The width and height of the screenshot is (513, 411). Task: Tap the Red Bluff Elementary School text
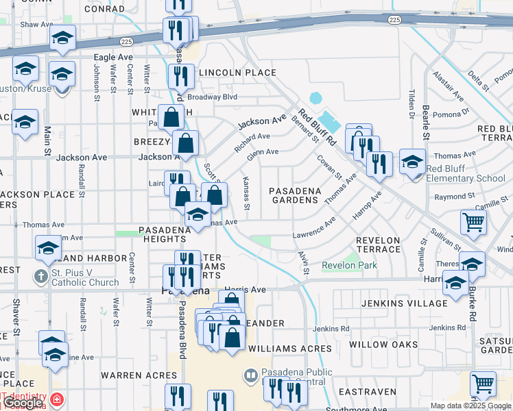(x=466, y=174)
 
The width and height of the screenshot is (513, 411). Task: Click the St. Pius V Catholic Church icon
(x=43, y=277)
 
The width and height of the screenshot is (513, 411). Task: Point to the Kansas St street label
(x=246, y=192)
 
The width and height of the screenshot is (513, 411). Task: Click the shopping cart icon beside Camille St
(x=473, y=222)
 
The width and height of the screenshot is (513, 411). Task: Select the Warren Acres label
(x=139, y=375)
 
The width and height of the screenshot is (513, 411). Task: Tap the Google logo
(x=23, y=403)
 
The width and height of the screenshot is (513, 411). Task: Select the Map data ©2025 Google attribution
(x=470, y=406)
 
